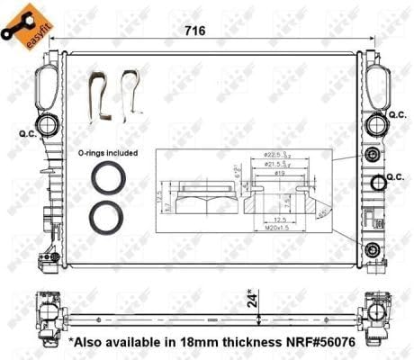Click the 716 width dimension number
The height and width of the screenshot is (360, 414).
196,31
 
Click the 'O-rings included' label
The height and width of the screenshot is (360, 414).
108,153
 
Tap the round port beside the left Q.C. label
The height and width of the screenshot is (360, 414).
45,124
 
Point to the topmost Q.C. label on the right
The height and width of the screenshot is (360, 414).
397,115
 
